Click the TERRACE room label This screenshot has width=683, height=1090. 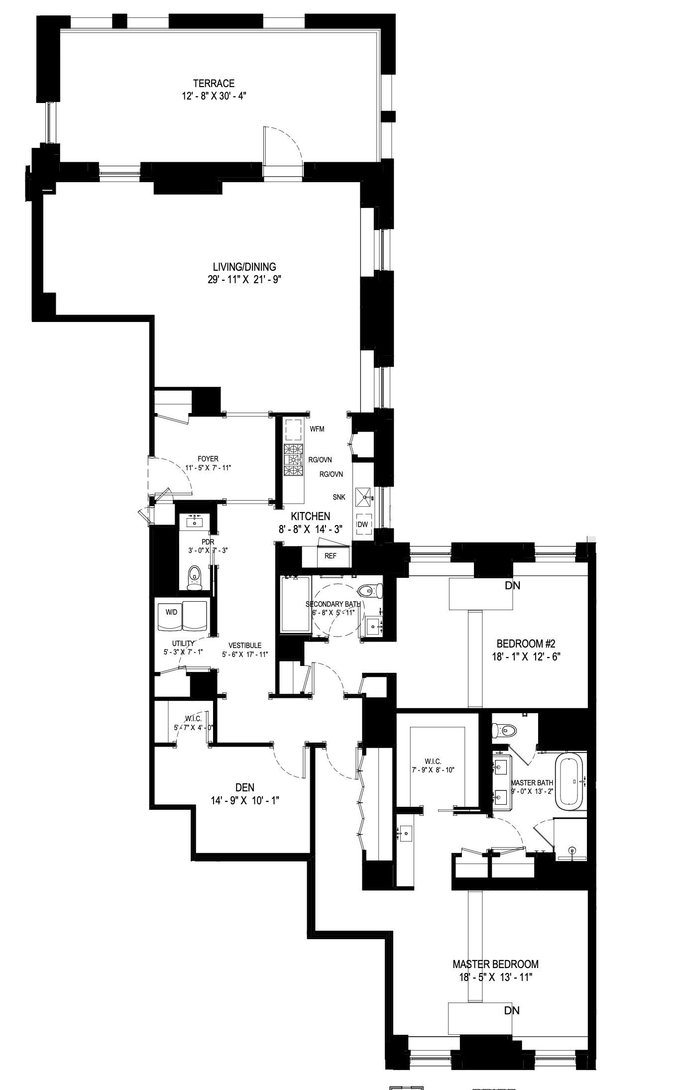[x=214, y=84]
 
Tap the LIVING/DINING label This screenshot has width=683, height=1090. [x=244, y=267]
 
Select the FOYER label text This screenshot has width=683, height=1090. [x=208, y=459]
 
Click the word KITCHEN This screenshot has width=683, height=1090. [x=310, y=517]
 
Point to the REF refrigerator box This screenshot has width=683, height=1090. [x=330, y=556]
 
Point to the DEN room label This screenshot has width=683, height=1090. [x=244, y=787]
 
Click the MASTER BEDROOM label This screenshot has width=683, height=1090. [x=495, y=964]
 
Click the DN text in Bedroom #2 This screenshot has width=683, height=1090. [x=512, y=586]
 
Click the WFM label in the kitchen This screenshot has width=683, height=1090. [x=317, y=429]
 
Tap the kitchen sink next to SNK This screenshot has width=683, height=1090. [x=367, y=496]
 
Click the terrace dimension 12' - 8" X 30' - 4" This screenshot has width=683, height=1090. [x=214, y=96]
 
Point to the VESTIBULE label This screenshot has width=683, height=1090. [x=241, y=646]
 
